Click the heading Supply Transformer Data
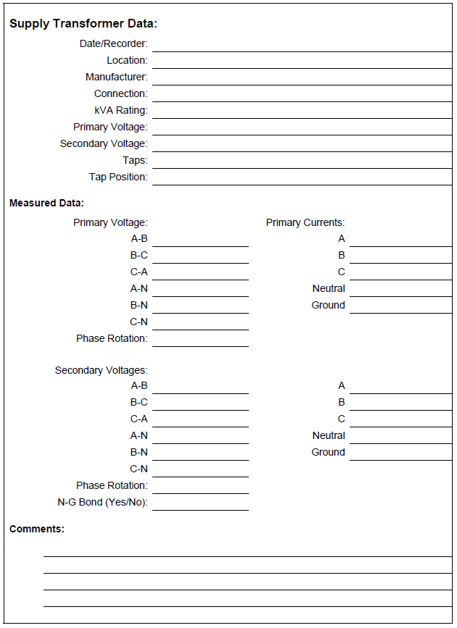(x=83, y=24)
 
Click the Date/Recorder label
(x=113, y=44)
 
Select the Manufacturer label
(x=116, y=77)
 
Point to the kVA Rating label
(x=120, y=110)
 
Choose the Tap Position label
(x=118, y=177)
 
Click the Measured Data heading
(x=46, y=203)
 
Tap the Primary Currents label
(x=305, y=222)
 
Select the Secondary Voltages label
(x=101, y=370)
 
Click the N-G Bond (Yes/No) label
(x=102, y=502)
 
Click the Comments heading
(x=37, y=529)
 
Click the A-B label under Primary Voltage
(x=139, y=238)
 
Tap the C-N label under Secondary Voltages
(x=139, y=469)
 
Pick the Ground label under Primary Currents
(x=328, y=305)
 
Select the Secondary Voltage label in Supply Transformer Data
(x=103, y=143)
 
